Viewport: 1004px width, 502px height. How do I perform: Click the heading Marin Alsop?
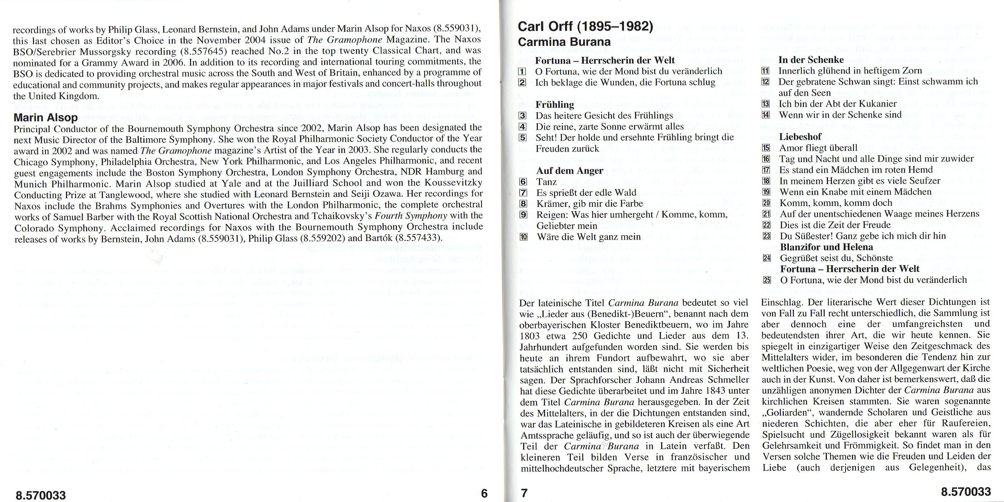(x=46, y=117)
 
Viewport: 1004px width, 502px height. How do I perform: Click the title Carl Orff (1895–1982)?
(x=585, y=27)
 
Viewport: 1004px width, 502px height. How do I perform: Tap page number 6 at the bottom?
(x=484, y=494)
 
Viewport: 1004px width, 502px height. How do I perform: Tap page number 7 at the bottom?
(x=524, y=494)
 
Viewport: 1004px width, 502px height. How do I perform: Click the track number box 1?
(x=522, y=72)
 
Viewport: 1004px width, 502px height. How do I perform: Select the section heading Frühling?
(x=555, y=104)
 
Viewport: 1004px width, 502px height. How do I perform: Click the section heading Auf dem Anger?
(x=569, y=171)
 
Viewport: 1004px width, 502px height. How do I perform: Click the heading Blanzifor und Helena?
(x=826, y=247)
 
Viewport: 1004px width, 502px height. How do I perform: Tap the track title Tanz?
(x=546, y=182)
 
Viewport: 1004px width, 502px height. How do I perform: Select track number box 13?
(x=766, y=104)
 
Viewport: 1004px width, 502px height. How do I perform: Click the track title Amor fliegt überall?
(x=818, y=148)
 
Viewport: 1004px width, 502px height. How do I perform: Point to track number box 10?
(x=524, y=237)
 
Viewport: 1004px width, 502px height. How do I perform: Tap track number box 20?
(x=767, y=203)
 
